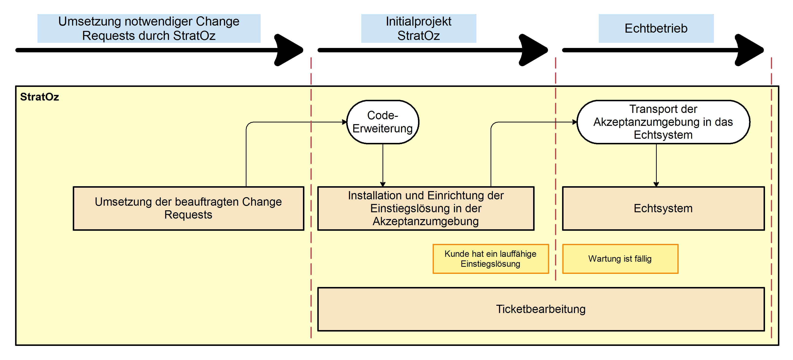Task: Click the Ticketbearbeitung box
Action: click(x=541, y=309)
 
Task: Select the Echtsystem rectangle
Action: click(x=663, y=209)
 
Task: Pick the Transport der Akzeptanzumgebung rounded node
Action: click(x=663, y=122)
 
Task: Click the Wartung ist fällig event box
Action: click(x=620, y=259)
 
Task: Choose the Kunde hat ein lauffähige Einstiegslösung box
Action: click(x=490, y=259)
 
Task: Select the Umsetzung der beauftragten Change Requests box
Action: click(x=188, y=209)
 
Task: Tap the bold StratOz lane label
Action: click(x=39, y=97)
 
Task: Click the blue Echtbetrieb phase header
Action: click(x=656, y=28)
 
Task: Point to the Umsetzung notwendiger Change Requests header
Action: click(x=149, y=28)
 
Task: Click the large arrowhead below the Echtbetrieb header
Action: click(x=750, y=50)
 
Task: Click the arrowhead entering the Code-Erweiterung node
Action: click(x=345, y=122)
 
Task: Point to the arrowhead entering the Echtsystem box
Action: click(x=656, y=184)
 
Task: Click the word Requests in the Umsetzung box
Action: click(x=188, y=215)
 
